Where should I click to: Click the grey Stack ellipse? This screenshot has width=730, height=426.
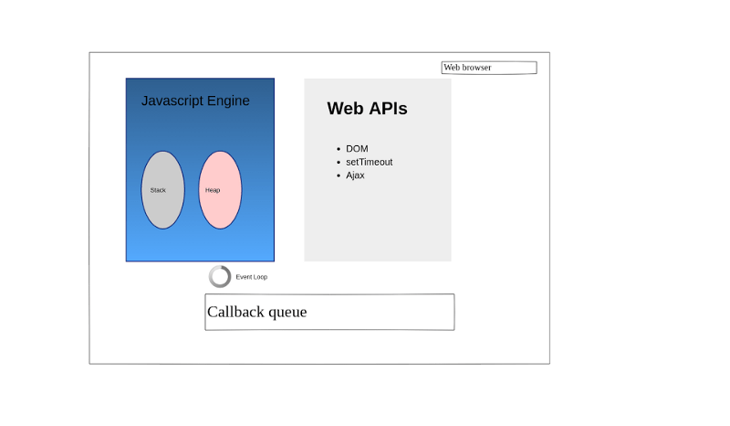(x=163, y=190)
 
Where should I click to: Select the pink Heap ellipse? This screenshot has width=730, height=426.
(x=220, y=190)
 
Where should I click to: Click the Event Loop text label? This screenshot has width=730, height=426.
(x=252, y=277)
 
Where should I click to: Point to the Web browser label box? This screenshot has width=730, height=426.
(x=489, y=68)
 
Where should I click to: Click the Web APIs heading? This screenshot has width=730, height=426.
(x=367, y=108)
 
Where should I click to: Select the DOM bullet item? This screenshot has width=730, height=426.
(x=357, y=149)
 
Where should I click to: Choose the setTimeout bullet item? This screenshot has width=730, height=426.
(x=370, y=162)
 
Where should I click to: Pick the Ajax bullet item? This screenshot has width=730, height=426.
(x=355, y=176)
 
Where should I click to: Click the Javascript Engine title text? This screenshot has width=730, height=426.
(x=195, y=101)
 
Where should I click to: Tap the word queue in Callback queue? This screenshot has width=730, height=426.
(x=287, y=312)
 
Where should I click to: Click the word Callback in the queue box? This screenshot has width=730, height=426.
(x=235, y=312)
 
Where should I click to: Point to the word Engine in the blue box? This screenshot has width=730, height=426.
(x=229, y=101)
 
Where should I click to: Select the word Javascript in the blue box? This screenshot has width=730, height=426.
(x=172, y=101)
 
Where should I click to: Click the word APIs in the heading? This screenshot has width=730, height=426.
(x=387, y=108)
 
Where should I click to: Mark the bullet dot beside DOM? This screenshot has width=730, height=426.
(x=339, y=149)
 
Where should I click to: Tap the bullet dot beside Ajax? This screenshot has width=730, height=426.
(x=339, y=176)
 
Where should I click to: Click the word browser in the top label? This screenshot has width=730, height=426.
(x=476, y=68)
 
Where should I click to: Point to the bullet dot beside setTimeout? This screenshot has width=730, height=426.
(x=339, y=163)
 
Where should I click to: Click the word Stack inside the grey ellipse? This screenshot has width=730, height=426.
(x=158, y=190)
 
